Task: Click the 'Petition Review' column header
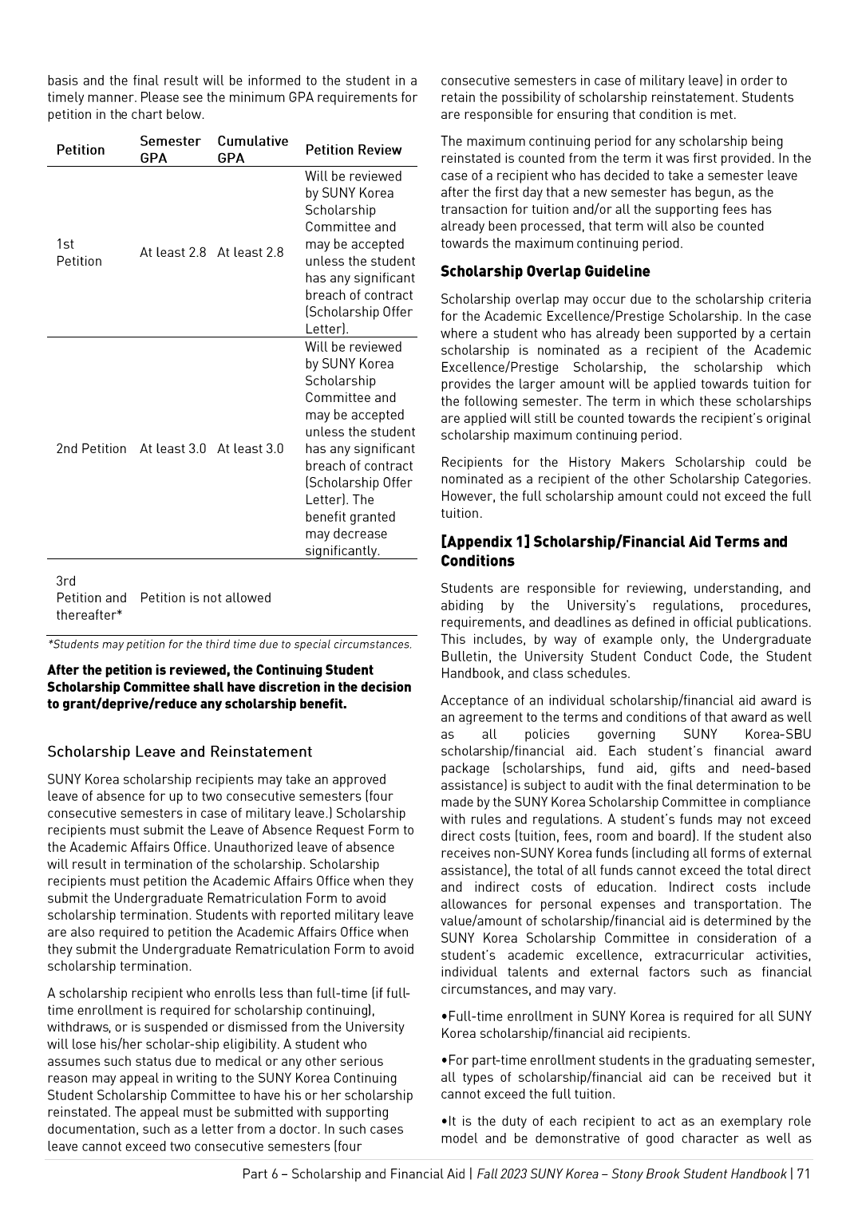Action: click(x=353, y=150)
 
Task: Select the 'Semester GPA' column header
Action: click(x=170, y=149)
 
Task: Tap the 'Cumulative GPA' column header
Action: click(x=252, y=149)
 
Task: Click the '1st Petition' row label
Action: click(x=79, y=253)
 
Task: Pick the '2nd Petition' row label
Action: click(x=91, y=449)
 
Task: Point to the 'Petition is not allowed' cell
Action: click(x=205, y=598)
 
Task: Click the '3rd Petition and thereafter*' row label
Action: click(x=91, y=598)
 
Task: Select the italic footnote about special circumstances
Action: click(x=231, y=645)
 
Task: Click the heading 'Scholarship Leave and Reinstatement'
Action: click(x=180, y=752)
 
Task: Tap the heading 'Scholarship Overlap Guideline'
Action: click(x=545, y=272)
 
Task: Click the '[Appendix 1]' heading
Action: click(x=485, y=542)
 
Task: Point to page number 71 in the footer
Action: click(x=803, y=1174)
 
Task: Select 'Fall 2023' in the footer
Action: click(x=501, y=1174)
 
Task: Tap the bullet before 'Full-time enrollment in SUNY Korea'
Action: click(x=444, y=1017)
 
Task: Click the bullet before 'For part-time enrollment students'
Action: click(x=444, y=1061)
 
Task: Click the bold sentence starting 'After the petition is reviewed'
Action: click(x=229, y=687)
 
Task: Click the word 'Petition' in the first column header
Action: click(x=81, y=150)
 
